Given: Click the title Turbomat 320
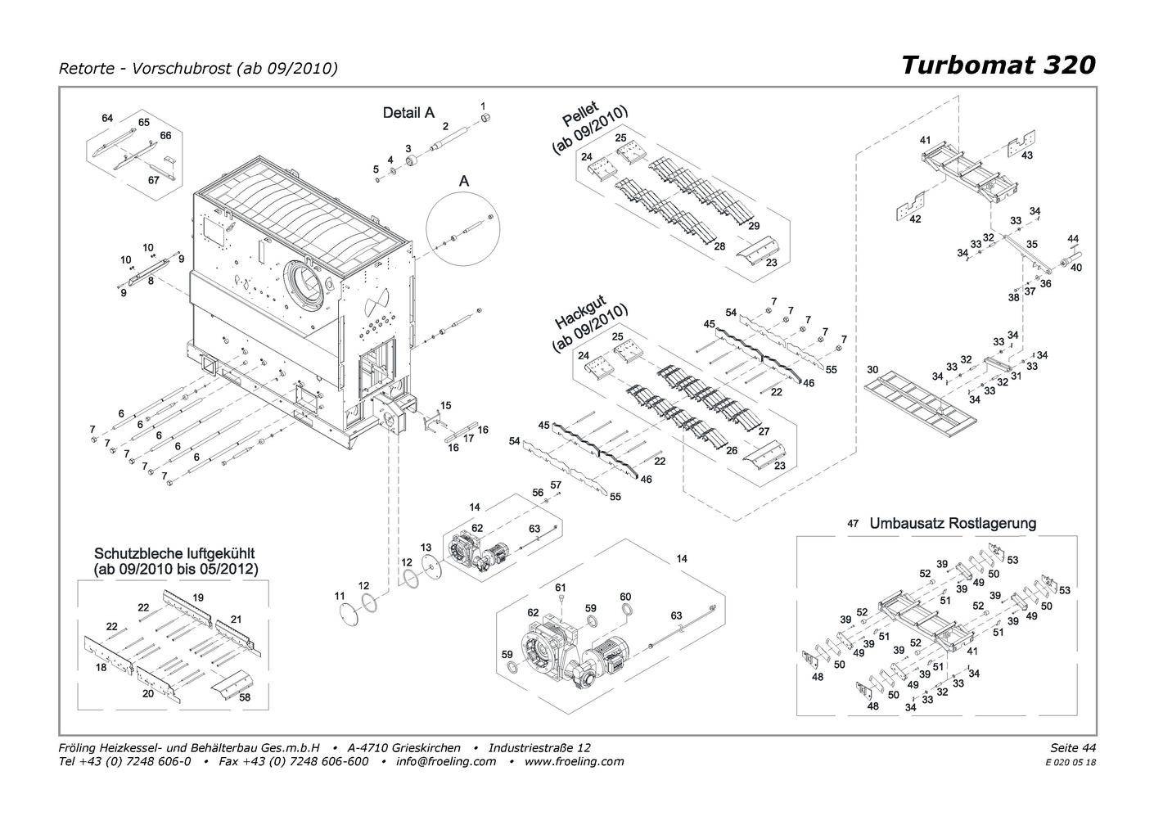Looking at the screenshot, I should point(998,65).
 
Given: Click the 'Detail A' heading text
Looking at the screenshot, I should point(408,113).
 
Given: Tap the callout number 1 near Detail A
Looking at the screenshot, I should point(483,106).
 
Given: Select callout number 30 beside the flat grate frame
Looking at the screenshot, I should point(872,370).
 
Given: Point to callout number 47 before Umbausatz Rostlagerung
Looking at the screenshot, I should point(853,523).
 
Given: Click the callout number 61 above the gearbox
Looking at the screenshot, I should point(561,588).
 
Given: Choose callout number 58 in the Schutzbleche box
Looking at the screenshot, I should point(244,697).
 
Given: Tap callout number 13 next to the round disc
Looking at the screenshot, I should point(426,548).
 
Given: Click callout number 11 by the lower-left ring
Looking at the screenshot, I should point(340,597).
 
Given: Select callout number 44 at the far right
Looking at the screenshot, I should point(1073,239).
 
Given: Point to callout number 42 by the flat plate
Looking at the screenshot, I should point(915,219).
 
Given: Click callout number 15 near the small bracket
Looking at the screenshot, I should point(445,406).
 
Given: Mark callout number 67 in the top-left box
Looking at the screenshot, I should point(154,180).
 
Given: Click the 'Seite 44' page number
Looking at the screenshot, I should point(1072,747).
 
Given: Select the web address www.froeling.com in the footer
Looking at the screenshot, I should point(574,761).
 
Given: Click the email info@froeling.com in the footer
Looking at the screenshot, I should point(446,761).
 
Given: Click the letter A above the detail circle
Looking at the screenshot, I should point(464,181).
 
